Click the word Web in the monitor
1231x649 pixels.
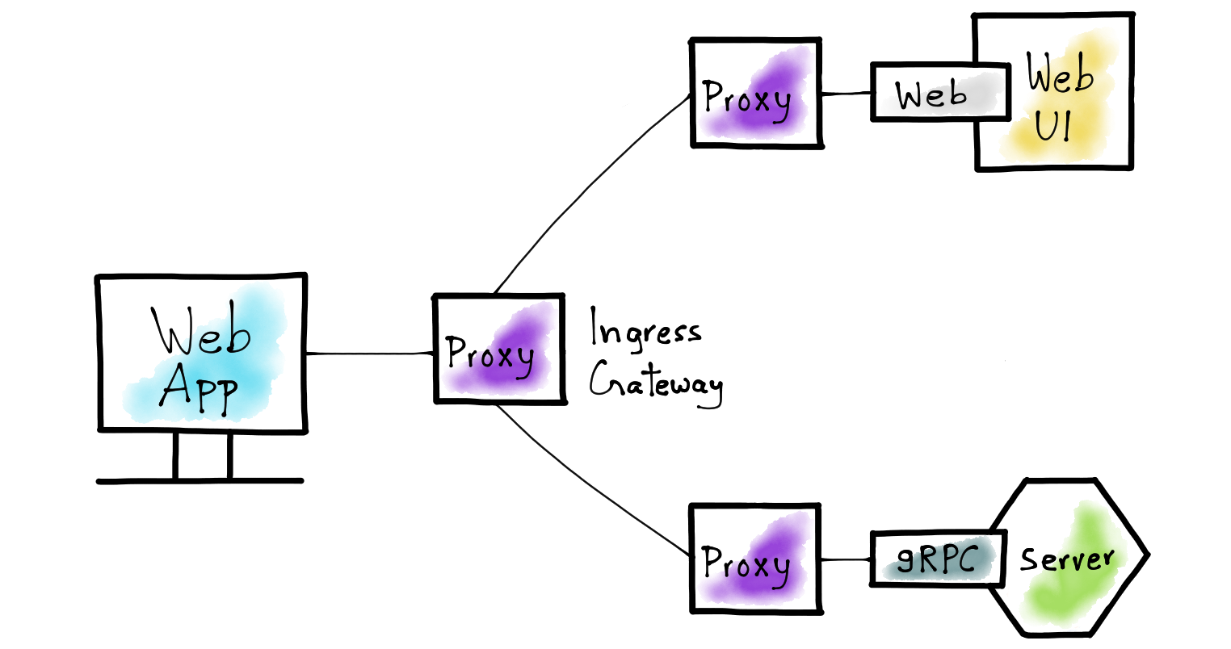coord(202,332)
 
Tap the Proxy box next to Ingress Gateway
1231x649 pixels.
coord(498,349)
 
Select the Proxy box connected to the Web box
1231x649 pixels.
coord(756,93)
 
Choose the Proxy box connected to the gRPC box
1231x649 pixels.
coord(755,559)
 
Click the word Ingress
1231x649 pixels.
coord(644,329)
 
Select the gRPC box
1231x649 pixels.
coord(937,559)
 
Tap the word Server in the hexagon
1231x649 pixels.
coord(1066,559)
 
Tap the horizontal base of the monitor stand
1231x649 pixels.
coord(200,481)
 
